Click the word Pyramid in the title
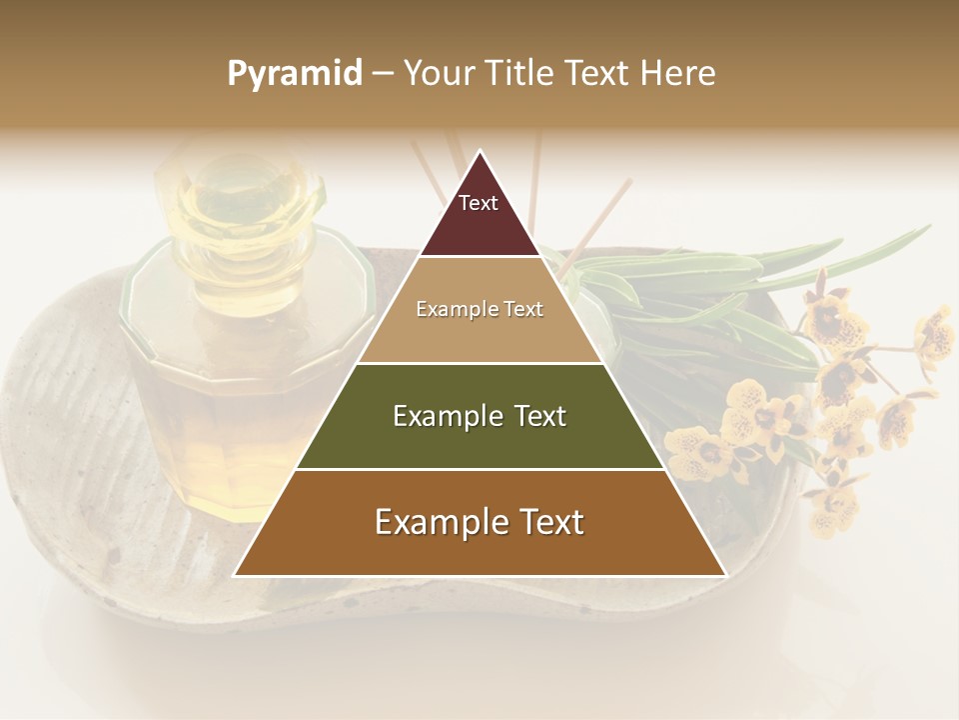(x=295, y=74)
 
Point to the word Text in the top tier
(x=479, y=203)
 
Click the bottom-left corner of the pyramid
(x=235, y=575)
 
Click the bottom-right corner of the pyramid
(x=725, y=575)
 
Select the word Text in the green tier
(x=538, y=416)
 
